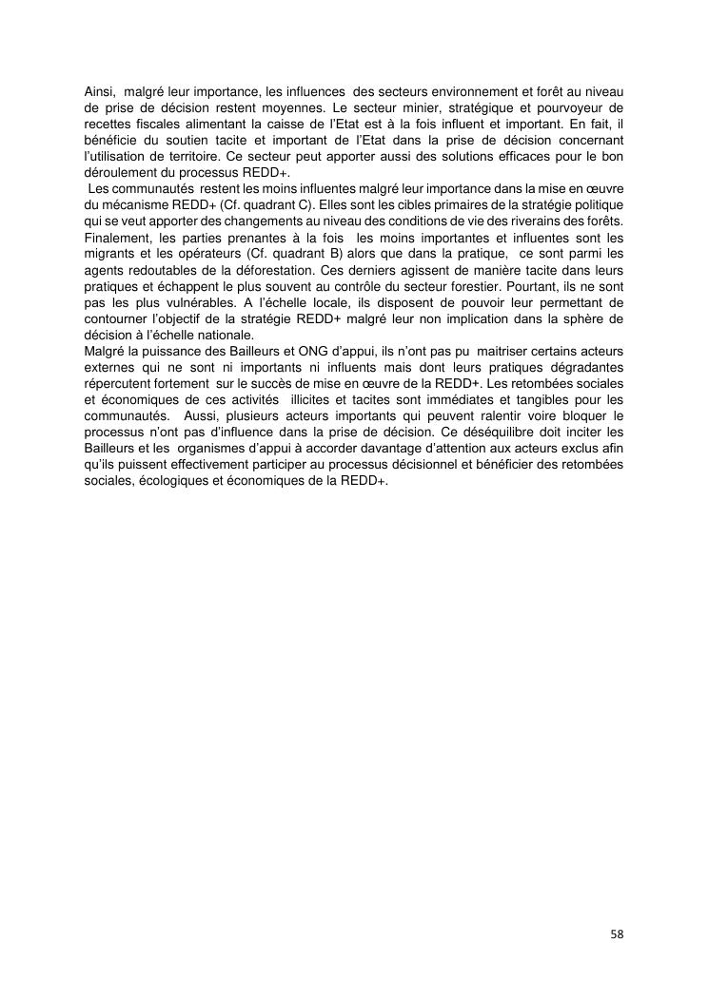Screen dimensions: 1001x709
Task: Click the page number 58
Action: [x=617, y=934]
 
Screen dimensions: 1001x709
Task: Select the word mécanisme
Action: [x=142, y=204]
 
